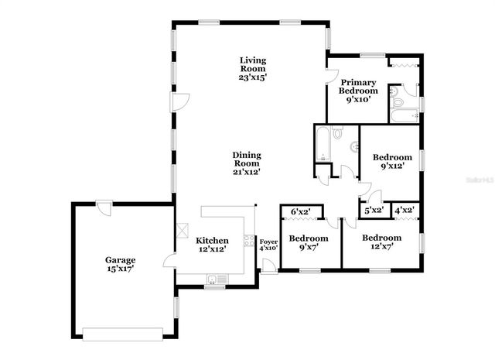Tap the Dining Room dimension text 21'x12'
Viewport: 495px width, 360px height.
tap(247, 172)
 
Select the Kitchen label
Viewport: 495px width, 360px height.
tap(212, 240)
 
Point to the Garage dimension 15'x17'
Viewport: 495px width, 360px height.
tap(121, 269)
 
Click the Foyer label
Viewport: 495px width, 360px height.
tap(268, 242)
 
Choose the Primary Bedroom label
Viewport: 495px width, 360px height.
tap(358, 83)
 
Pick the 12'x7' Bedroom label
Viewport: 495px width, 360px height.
tap(382, 237)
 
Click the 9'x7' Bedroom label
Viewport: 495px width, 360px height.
tap(304, 237)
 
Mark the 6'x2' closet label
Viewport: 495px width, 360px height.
tap(301, 211)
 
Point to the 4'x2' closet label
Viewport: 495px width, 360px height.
tap(404, 209)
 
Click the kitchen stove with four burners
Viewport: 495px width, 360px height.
tap(249, 241)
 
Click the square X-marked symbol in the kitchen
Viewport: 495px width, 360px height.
tap(183, 230)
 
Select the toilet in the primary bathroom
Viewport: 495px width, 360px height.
tap(397, 101)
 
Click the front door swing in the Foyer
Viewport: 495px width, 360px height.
tap(268, 266)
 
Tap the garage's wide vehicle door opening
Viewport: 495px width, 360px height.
tap(122, 334)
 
